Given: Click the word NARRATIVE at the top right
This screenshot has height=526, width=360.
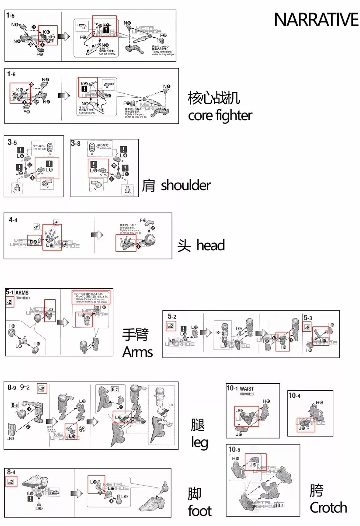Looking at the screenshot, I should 316,20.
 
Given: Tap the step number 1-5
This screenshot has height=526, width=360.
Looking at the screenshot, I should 11,15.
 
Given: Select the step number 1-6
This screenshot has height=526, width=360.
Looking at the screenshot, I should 11,74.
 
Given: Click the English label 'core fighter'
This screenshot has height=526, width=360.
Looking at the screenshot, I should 220,115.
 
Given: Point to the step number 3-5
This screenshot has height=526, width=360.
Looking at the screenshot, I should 12,142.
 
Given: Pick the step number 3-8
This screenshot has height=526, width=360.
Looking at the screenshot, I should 76,143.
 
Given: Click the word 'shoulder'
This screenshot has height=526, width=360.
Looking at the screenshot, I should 186,185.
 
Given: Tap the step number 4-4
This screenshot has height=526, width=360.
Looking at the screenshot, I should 13,220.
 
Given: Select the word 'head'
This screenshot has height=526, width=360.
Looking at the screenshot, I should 211,246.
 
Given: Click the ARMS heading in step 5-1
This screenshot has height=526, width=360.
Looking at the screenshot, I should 22,293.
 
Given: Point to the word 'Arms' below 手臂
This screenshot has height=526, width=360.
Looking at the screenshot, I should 138,352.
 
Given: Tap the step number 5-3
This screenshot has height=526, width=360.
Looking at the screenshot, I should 308,318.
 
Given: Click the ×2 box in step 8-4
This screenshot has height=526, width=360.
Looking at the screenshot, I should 11,482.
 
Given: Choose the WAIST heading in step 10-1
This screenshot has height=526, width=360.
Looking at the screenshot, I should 247,389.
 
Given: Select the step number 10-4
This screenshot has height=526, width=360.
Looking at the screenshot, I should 294,395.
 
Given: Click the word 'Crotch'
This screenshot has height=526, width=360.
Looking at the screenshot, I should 328,508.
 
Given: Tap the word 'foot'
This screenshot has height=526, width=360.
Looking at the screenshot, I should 200,511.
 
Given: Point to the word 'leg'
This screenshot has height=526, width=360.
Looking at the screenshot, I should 200,442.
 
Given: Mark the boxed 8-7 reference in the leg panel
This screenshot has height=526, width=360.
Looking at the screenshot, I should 114,390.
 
